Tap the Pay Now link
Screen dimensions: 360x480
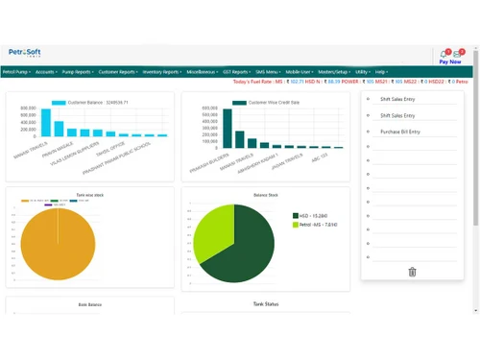point(449,61)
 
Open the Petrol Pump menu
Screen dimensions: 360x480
point(15,72)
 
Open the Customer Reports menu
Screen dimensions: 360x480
point(120,72)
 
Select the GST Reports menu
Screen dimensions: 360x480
point(237,72)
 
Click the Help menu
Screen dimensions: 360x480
point(381,72)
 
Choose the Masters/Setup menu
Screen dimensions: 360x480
point(333,72)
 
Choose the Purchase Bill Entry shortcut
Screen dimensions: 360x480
point(400,132)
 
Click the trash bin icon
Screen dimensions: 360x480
point(412,272)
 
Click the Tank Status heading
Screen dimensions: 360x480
point(265,304)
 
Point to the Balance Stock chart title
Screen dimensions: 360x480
point(265,194)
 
